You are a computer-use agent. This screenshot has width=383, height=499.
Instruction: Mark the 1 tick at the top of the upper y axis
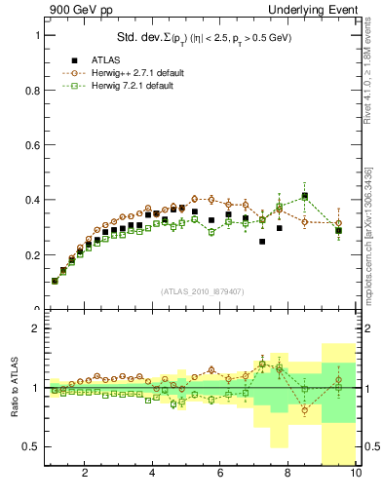(x=39, y=35)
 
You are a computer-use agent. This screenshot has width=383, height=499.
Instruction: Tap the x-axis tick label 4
(x=152, y=474)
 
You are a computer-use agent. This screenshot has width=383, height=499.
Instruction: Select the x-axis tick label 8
(x=287, y=474)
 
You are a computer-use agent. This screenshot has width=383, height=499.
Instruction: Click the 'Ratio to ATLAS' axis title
(x=13, y=389)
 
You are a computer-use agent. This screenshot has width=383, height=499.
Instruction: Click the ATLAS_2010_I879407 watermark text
(x=202, y=291)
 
